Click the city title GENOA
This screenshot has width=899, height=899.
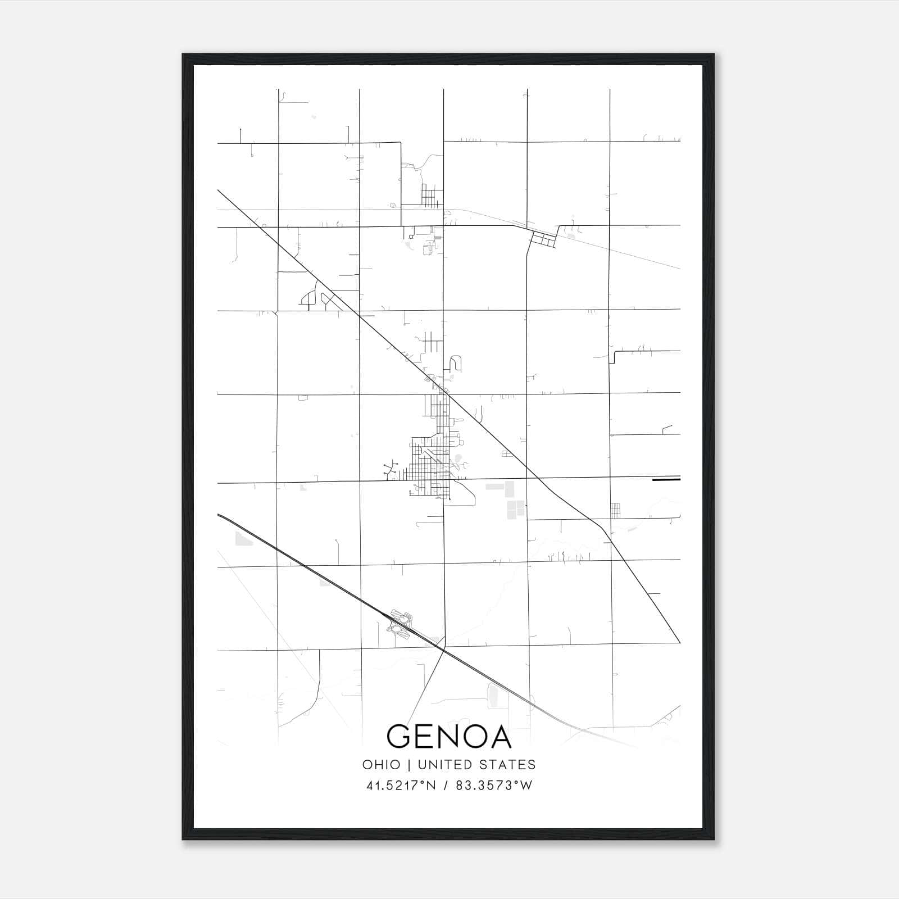[449, 737]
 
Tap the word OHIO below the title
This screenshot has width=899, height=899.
[382, 765]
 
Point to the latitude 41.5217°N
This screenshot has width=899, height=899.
[401, 786]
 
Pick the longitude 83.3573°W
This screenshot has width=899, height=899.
[494, 786]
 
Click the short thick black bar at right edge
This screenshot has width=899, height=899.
[666, 480]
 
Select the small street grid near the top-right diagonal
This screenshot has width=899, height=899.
[543, 240]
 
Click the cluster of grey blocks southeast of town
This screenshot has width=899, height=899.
[510, 500]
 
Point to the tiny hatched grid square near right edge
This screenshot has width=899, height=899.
[616, 510]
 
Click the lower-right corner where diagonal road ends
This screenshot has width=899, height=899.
[679, 642]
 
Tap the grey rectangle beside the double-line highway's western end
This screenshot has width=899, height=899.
[244, 539]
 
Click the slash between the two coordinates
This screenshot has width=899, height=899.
[446, 786]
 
